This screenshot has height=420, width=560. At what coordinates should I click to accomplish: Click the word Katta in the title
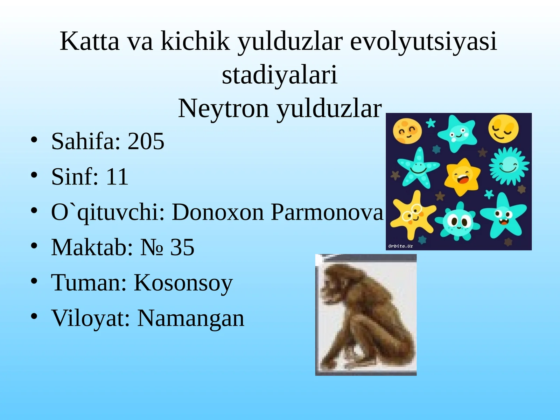[90, 41]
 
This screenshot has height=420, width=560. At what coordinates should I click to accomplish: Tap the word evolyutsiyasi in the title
[423, 41]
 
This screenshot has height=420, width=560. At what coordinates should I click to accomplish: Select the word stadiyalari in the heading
[279, 75]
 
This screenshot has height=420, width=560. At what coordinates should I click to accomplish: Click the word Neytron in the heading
[224, 108]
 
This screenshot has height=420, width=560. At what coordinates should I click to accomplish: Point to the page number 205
[146, 141]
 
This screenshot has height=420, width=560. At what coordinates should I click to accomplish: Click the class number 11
[117, 176]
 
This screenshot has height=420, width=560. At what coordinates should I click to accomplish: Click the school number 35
[182, 247]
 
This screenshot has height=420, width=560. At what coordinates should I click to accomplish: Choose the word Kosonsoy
[183, 282]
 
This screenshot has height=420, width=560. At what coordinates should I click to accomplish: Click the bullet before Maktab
[34, 246]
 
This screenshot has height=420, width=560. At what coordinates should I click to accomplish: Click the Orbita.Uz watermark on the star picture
[400, 246]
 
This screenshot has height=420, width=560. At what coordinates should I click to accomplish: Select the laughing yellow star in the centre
[462, 175]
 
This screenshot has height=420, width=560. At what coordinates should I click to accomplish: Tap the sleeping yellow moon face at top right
[503, 128]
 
